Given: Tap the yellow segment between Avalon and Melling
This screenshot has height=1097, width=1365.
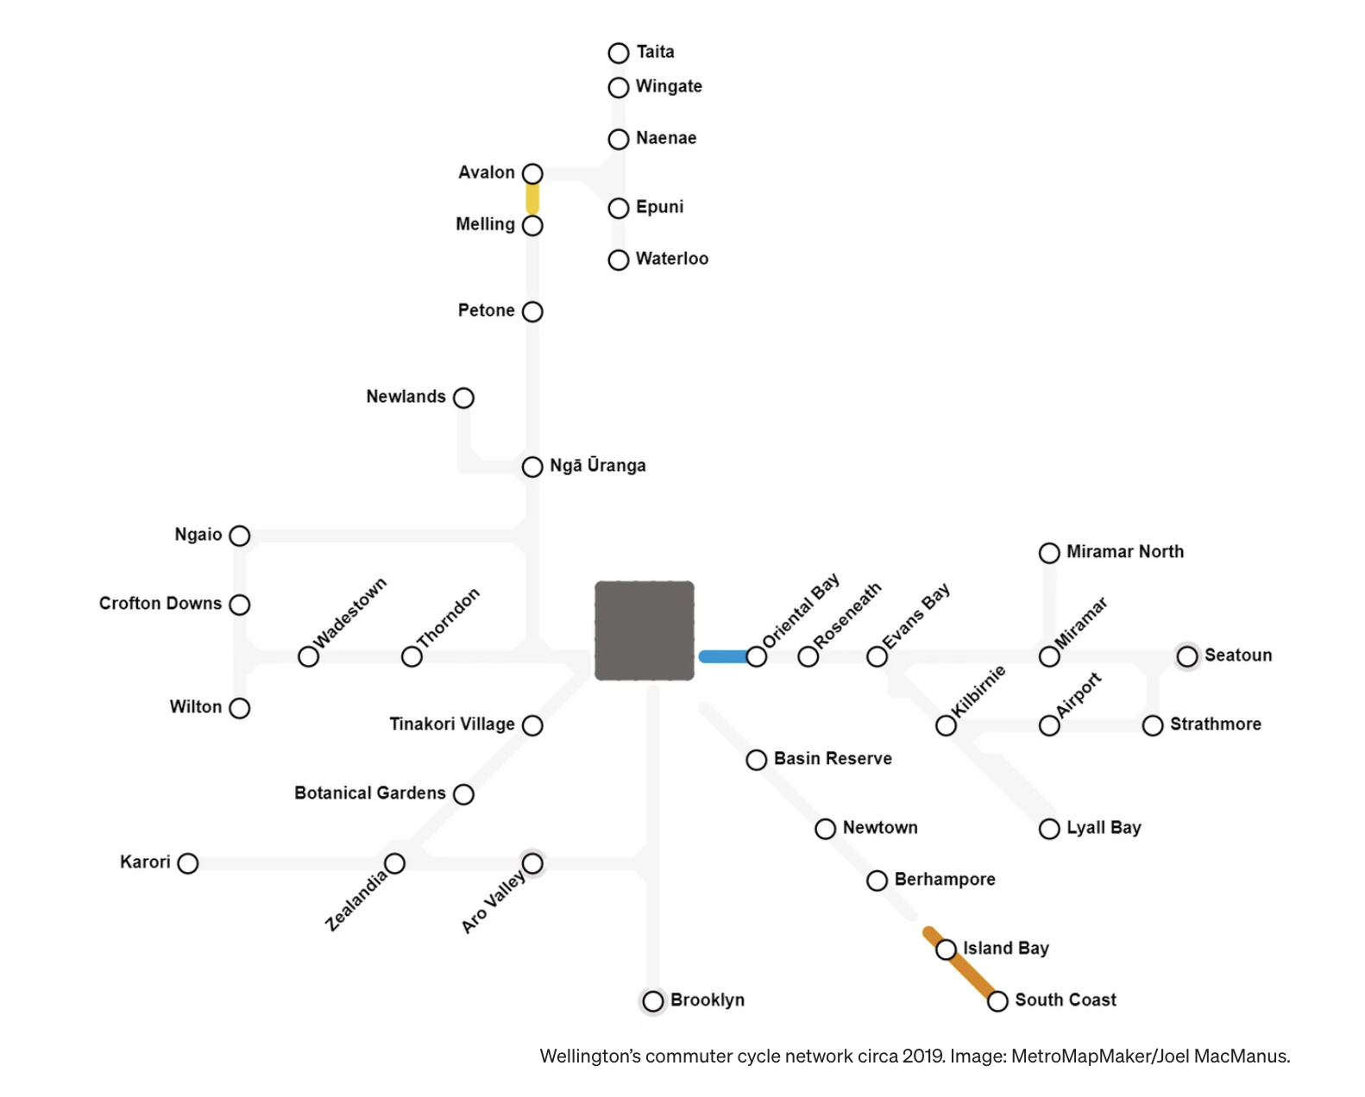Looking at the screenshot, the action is pos(532,199).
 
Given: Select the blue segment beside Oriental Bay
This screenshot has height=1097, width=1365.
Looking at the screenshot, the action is pos(724,656).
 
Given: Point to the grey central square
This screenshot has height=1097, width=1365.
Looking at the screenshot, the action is pos(644,630).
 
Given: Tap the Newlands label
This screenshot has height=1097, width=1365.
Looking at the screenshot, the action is pos(406,397).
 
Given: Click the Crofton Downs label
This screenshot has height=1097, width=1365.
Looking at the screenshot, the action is pos(160,603).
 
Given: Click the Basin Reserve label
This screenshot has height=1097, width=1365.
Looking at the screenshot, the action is pos(833,758).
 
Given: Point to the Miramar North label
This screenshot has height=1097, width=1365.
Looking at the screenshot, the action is pos(1124,552).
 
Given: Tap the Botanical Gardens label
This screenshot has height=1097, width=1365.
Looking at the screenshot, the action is pos(370,793).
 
